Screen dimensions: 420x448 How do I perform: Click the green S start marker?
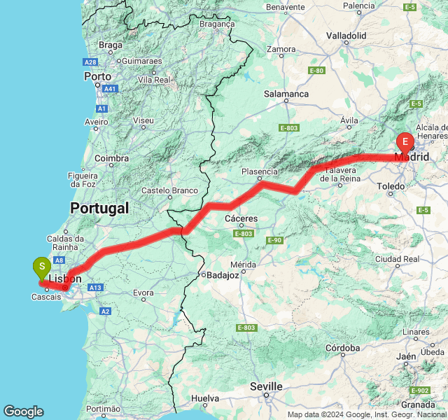(x=42, y=267)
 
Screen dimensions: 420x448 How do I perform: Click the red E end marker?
(x=405, y=142)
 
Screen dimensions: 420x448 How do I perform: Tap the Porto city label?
(x=97, y=76)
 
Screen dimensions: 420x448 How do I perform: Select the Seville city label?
(x=267, y=386)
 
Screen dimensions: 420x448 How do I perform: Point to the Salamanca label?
(x=286, y=94)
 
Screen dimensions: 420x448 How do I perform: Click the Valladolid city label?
(x=346, y=35)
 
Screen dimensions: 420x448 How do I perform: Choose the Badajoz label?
(x=220, y=275)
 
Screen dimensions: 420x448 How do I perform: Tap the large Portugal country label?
(x=99, y=208)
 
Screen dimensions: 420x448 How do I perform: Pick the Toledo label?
(x=391, y=186)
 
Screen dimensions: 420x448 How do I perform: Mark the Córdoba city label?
(x=343, y=348)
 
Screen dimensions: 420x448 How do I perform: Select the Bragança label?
(x=217, y=23)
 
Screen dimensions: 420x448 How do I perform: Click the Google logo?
(x=23, y=412)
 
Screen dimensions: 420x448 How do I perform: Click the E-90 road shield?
(x=274, y=240)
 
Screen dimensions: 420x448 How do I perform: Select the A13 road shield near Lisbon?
(x=96, y=288)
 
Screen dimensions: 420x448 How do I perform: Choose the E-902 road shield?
(x=421, y=391)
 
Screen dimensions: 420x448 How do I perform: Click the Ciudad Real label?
(x=397, y=259)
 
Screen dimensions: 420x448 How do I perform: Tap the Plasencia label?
(x=260, y=171)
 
